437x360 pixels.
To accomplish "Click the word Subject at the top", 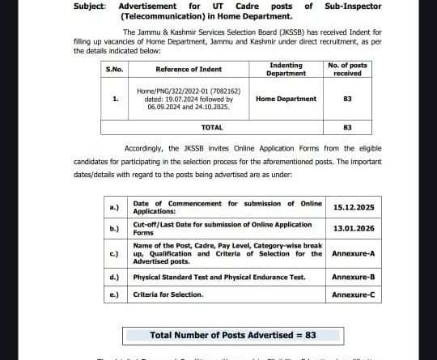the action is [89, 6].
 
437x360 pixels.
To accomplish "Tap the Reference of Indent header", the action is [185, 70].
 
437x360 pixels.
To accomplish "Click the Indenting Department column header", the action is [286, 70].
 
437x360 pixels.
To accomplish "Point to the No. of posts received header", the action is [347, 70].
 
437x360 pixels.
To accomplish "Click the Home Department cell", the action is [286, 99].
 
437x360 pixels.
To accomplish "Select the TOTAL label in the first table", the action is [212, 127].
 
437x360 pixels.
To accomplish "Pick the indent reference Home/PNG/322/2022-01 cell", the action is [184, 99].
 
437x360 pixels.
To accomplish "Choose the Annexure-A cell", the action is [354, 253].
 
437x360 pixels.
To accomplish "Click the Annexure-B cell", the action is [354, 277].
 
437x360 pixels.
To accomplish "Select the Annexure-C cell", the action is [354, 294].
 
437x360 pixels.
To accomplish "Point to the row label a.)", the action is [114, 207].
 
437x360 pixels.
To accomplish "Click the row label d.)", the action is [114, 277].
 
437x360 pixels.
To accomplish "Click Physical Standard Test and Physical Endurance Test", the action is [218, 277].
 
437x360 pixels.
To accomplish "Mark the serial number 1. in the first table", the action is [115, 99].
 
